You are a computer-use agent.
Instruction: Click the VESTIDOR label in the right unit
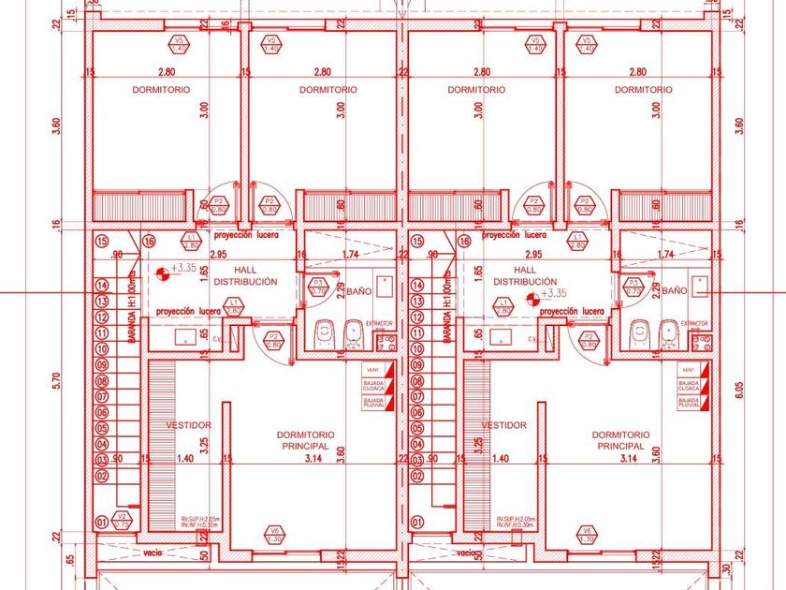pos(503,425)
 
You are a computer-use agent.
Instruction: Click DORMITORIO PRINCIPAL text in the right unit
pos(620,440)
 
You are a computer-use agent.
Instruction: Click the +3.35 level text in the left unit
pos(183,268)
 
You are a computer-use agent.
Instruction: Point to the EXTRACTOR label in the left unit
pos(380,323)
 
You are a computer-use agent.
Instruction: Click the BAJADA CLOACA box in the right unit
pos(690,385)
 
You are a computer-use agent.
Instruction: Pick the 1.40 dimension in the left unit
pos(185,459)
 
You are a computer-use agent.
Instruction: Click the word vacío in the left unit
pos(154,553)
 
